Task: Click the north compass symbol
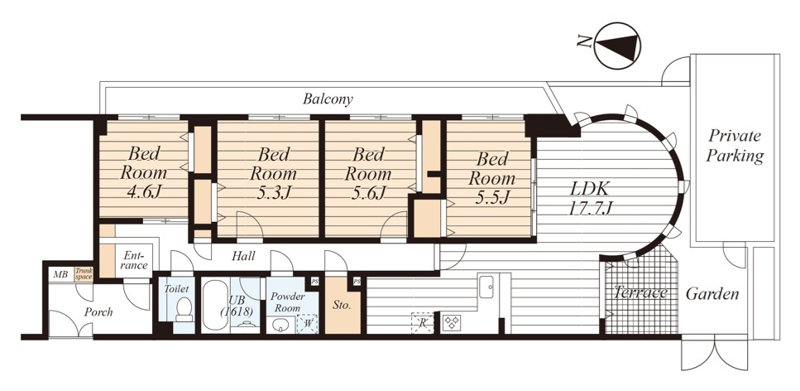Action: click(x=616, y=46)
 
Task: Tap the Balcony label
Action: click(x=328, y=99)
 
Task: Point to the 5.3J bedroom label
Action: click(x=272, y=173)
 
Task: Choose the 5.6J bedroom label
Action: click(x=367, y=173)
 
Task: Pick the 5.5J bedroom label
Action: click(x=491, y=178)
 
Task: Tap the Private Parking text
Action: click(x=735, y=146)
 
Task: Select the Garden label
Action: click(x=712, y=294)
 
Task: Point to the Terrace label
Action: click(x=640, y=293)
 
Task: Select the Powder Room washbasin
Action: click(x=281, y=325)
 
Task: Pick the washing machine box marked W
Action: click(x=308, y=324)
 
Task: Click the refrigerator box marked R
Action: click(x=423, y=323)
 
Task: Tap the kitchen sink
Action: click(x=486, y=287)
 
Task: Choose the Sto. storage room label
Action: click(x=342, y=306)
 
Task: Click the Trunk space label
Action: click(x=84, y=274)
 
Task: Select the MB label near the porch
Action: click(x=60, y=275)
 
